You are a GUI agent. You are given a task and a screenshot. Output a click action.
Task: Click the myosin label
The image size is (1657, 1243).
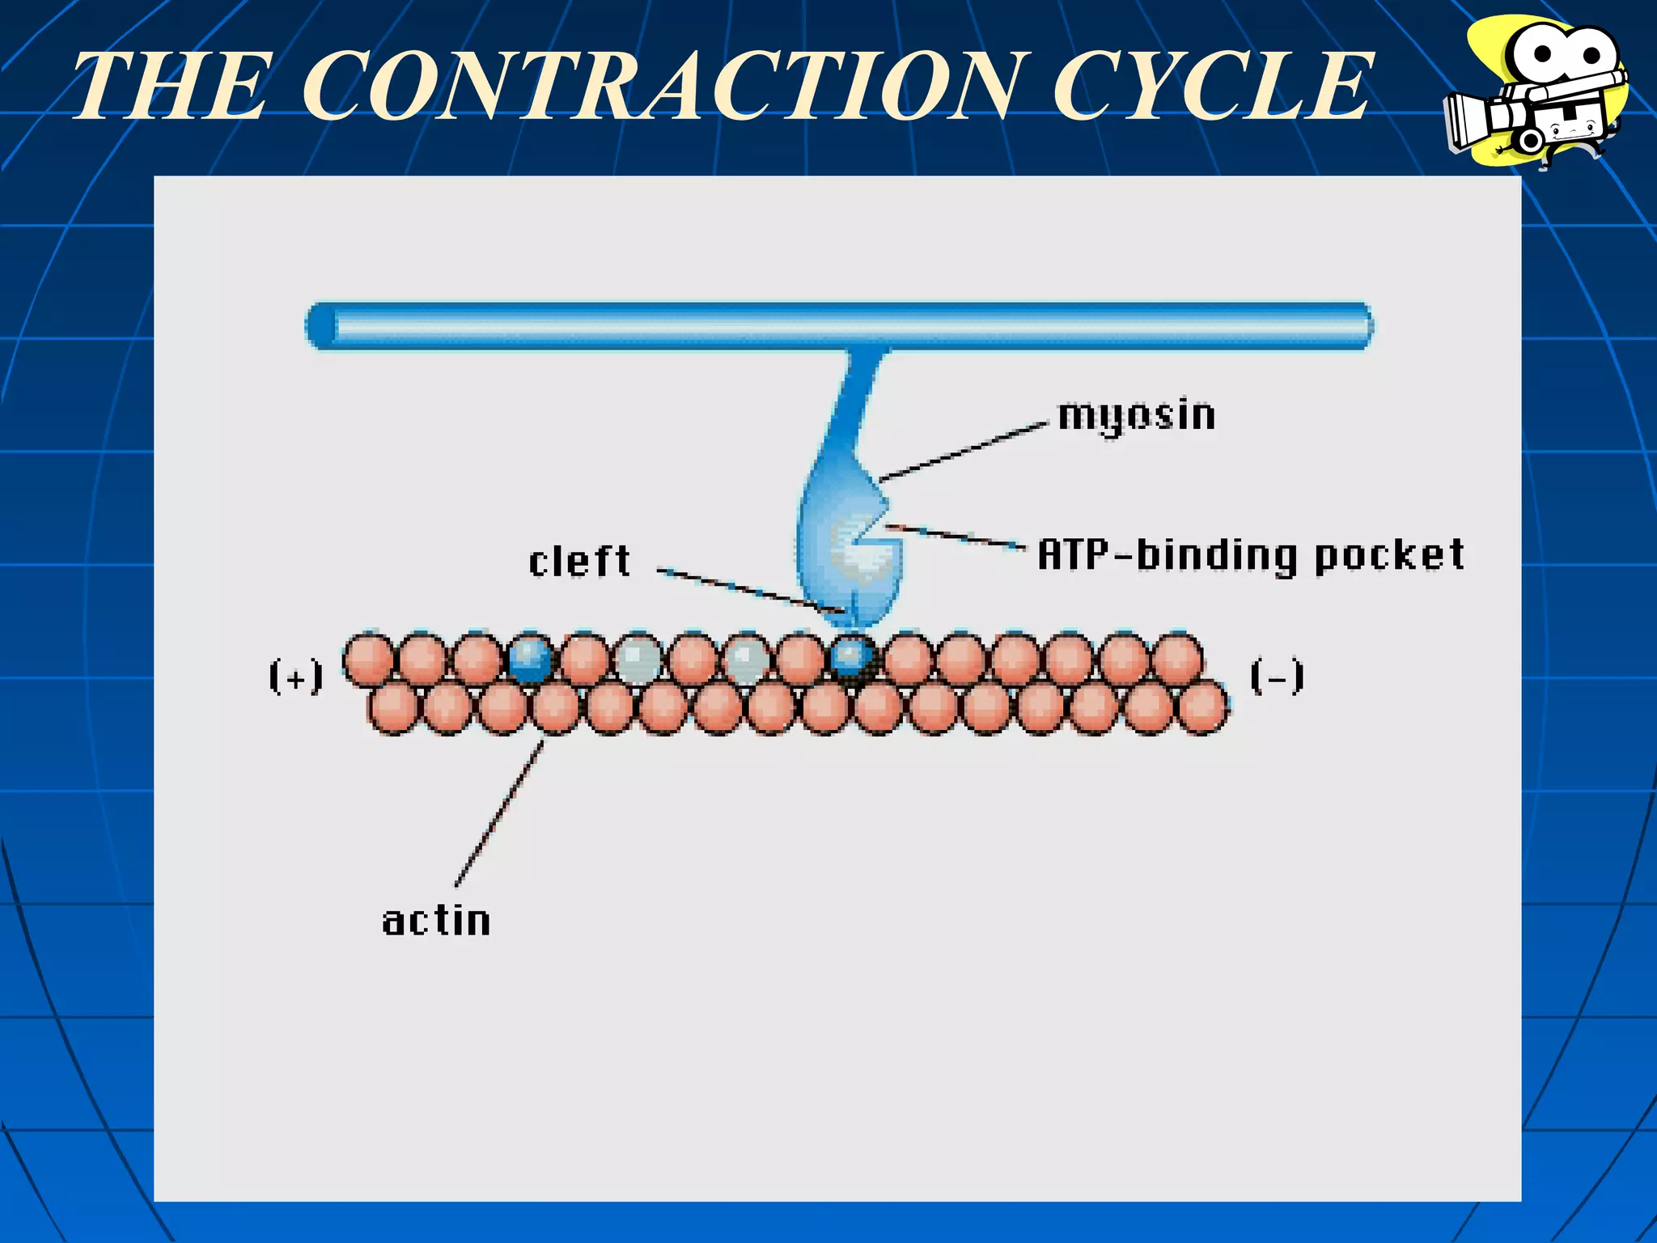[1136, 416]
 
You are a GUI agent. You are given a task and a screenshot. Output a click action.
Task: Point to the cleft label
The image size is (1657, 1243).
[579, 562]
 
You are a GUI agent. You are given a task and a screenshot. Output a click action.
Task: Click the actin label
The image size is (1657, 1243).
[436, 922]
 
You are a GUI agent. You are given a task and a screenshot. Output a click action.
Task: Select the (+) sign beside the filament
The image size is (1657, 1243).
[296, 677]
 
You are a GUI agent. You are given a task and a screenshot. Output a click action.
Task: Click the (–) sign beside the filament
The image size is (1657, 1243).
[1277, 677]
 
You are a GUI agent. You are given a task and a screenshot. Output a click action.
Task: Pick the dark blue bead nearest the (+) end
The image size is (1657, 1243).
[530, 658]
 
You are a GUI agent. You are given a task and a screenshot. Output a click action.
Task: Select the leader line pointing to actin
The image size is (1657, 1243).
[500, 813]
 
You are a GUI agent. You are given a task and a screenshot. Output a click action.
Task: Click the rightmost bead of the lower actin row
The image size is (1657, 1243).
[1202, 706]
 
